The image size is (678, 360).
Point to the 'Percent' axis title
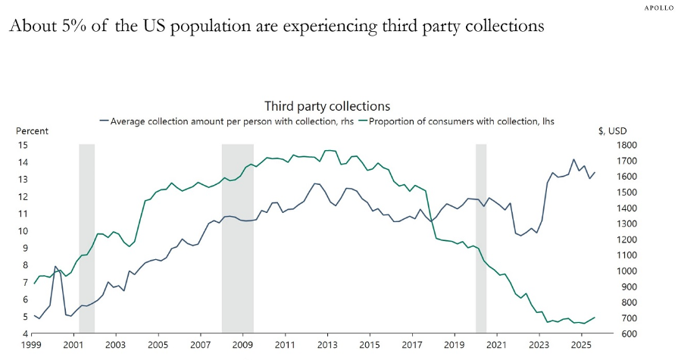[x=33, y=131]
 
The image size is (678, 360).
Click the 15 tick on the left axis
[x=23, y=145]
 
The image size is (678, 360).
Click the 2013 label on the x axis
[x=327, y=346]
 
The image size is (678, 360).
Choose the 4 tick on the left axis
[x=25, y=333]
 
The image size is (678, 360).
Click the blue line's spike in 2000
[x=55, y=267]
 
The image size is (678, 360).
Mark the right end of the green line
[x=595, y=318]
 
